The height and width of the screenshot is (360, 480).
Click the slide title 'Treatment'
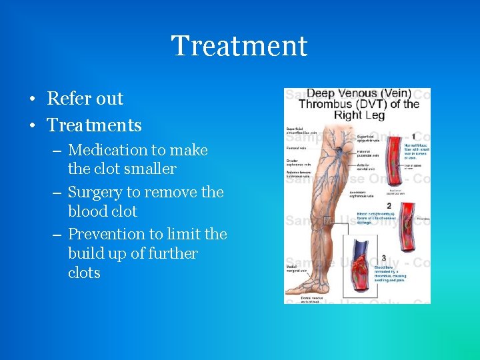[x=239, y=46]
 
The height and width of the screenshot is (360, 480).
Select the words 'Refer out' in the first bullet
[x=85, y=99]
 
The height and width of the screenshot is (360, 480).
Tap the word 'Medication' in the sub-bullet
[x=103, y=151]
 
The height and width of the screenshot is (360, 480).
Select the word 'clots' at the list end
[x=84, y=273]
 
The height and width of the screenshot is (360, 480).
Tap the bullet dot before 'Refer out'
[x=32, y=99]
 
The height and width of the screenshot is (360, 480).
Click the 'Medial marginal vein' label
[x=295, y=268]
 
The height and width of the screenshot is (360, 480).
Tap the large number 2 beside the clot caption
[x=389, y=206]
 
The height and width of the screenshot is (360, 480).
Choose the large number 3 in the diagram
[x=384, y=258]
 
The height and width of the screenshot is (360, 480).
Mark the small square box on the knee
[x=327, y=220]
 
